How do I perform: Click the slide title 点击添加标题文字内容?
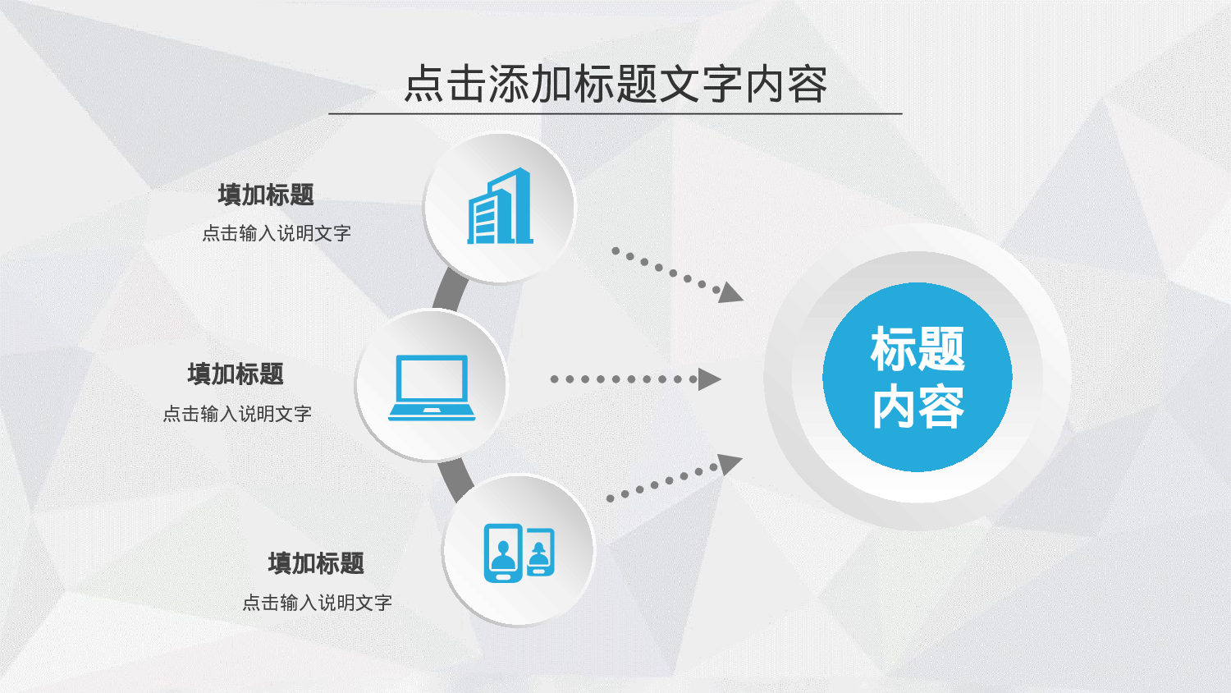tap(615, 84)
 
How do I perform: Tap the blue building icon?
tap(500, 208)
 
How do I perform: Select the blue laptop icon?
tap(432, 388)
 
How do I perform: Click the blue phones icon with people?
tap(519, 553)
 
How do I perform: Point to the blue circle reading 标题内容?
tap(918, 377)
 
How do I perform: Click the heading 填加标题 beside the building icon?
tap(266, 195)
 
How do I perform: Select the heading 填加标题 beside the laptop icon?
tap(236, 374)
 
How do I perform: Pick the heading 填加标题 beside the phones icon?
tap(316, 563)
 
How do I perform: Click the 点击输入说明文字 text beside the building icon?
tap(277, 233)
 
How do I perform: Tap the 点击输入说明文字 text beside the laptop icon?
tap(237, 414)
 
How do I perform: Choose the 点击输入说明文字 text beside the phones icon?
tap(317, 603)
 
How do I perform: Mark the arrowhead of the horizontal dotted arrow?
tap(709, 379)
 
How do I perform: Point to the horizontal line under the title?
tap(615, 113)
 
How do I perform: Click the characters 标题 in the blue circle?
tap(918, 349)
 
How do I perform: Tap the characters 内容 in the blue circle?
tap(918, 407)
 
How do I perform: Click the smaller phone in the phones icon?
tap(540, 553)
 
